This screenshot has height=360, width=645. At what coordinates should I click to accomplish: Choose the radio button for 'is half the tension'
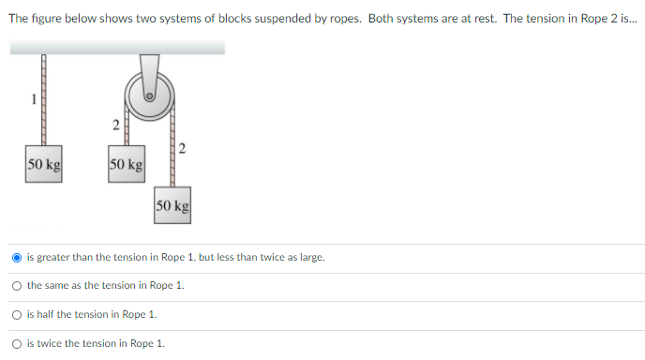pos(18,315)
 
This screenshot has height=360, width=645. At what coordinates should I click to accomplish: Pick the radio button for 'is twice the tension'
pos(18,344)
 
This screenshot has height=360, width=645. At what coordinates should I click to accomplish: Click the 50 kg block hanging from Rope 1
pos(44,165)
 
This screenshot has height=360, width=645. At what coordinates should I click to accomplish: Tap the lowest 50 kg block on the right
pos(173,205)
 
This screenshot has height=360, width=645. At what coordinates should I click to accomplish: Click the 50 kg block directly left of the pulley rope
pos(126,165)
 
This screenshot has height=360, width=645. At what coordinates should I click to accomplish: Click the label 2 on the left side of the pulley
pos(114,124)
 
